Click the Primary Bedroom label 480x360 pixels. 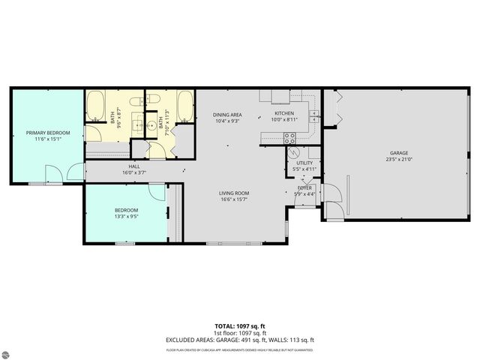[x=48, y=133]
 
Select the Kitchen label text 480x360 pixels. [x=283, y=114]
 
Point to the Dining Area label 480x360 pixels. [x=226, y=114]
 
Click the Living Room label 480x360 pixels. [x=233, y=193]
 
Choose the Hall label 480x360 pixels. [x=134, y=166]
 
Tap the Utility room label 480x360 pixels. [x=304, y=162]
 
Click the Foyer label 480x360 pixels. [x=304, y=187]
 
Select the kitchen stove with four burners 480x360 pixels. [x=289, y=138]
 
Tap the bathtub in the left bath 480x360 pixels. [x=95, y=106]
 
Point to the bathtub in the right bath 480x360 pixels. [x=184, y=106]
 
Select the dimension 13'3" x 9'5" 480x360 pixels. [x=126, y=216]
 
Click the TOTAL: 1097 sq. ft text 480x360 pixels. [x=239, y=326]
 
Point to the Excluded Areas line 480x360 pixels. [x=239, y=339]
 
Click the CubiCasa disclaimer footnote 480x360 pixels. [x=239, y=349]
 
